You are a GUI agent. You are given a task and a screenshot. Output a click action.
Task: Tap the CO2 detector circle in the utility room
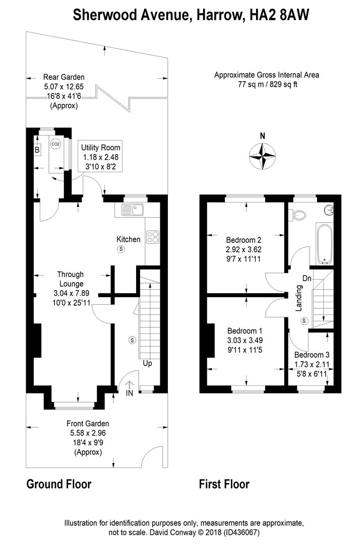tap(55, 144)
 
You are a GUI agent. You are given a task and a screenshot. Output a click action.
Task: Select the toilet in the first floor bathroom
tap(298, 215)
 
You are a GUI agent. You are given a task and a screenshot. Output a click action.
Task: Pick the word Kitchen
tap(129, 239)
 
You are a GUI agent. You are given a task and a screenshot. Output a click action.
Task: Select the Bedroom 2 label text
tap(244, 240)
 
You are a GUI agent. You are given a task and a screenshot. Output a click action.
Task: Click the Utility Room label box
tap(101, 157)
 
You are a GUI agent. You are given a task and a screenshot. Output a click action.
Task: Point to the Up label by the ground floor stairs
tap(148, 363)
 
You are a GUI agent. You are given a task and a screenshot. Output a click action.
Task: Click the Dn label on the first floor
tap(307, 278)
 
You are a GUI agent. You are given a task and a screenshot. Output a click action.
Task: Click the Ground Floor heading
tap(58, 485)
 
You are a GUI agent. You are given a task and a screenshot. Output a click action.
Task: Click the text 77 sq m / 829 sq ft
tap(267, 84)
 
